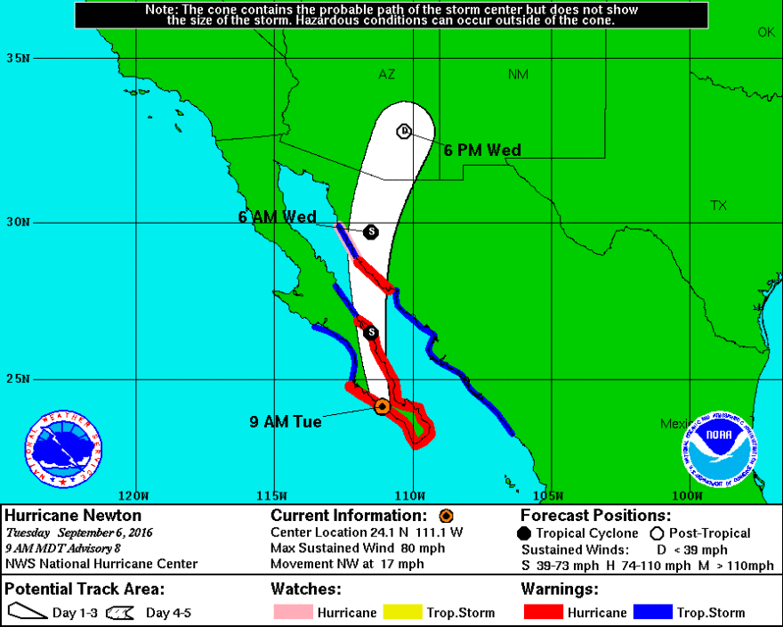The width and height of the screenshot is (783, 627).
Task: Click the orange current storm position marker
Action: (x=382, y=406)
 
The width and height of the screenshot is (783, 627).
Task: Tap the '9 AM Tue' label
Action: (x=286, y=421)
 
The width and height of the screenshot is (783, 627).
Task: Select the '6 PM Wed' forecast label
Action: (x=482, y=150)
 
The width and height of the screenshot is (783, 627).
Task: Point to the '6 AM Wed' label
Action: (x=277, y=216)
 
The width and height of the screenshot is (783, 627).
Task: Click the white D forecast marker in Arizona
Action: (x=403, y=131)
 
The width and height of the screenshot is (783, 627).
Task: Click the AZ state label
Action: (x=386, y=75)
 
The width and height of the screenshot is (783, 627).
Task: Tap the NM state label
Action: (x=518, y=75)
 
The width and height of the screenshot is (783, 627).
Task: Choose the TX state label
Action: (x=718, y=206)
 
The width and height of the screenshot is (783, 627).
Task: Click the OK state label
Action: (x=766, y=32)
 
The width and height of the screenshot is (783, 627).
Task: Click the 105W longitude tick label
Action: (x=548, y=495)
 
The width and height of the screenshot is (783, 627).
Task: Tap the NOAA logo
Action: (x=720, y=449)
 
